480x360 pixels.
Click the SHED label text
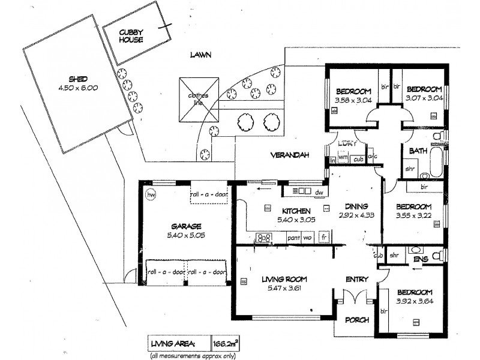[78, 79]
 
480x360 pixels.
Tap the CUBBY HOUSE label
[130, 35]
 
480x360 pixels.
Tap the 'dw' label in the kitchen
[320, 192]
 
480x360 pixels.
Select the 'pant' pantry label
[293, 238]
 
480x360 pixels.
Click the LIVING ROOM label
[284, 278]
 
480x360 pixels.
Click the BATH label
[418, 151]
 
